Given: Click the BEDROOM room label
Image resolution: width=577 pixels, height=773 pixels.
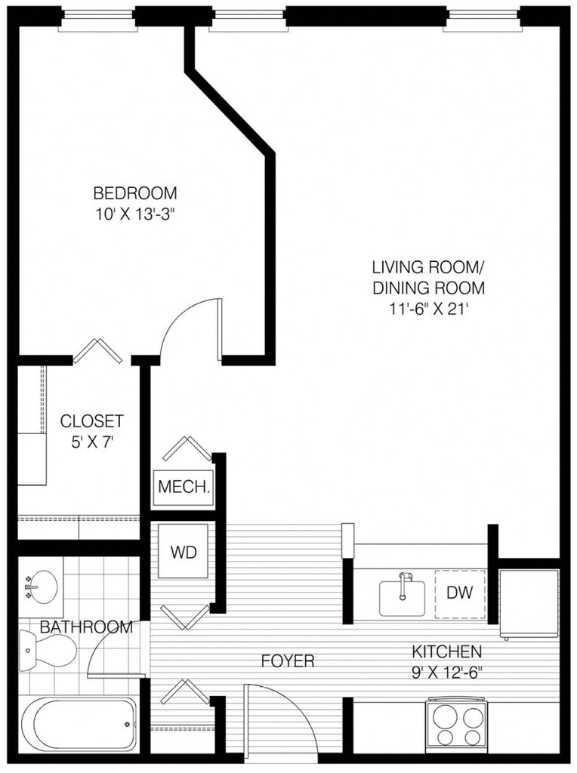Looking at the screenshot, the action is (135, 192).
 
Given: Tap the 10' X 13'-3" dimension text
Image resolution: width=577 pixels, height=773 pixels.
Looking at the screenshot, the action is (135, 214).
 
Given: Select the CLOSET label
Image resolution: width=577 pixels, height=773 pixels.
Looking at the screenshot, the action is (91, 421).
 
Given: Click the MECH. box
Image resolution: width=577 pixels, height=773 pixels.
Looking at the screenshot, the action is (184, 488).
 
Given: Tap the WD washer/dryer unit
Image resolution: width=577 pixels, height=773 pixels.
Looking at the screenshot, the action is (183, 551).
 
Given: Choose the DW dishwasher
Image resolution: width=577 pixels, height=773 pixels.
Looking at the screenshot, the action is (460, 593).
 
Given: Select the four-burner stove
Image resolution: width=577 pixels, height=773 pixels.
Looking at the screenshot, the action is (457, 722).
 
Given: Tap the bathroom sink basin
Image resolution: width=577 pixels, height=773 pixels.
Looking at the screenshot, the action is (41, 587).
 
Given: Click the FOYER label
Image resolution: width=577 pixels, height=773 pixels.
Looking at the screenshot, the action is (288, 661).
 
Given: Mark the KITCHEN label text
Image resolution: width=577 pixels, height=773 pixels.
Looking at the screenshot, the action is (446, 651).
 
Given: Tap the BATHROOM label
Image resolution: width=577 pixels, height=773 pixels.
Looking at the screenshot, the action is (86, 627).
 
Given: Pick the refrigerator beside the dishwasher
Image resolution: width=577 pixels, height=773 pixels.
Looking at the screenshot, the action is (529, 603).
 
